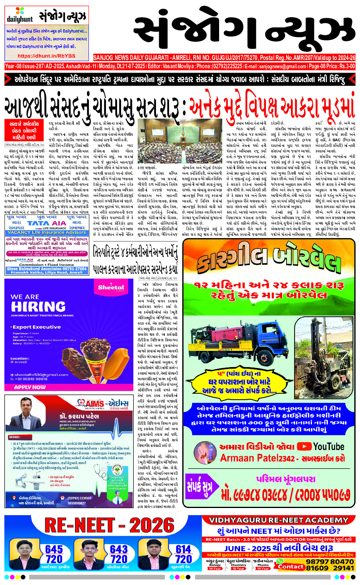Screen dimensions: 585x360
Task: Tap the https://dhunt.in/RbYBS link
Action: click(x=46, y=56)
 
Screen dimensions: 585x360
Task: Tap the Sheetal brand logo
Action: click(x=111, y=287)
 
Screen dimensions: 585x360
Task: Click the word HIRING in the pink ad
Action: click(x=38, y=306)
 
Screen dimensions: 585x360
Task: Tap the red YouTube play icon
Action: click(x=304, y=446)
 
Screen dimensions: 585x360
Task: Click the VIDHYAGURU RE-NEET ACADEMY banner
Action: click(x=279, y=520)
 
